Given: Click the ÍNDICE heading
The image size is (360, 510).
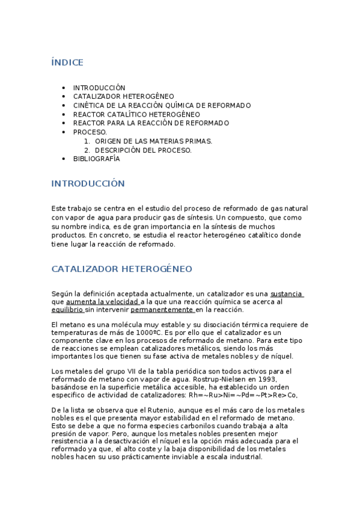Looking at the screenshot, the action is click(67, 63).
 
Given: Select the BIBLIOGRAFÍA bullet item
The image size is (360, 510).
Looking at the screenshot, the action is click(96, 159).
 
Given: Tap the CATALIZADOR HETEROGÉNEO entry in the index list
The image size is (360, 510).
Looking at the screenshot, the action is click(123, 96).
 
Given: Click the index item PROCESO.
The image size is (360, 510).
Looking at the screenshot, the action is click(90, 132).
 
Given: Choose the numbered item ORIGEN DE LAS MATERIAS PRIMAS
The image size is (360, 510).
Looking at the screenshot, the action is click(153, 141).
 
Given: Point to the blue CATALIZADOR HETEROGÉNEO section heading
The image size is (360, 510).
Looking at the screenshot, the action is click(121, 269).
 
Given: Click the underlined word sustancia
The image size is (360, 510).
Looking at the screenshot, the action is click(286, 293).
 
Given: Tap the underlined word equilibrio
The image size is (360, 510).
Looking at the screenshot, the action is click(68, 310).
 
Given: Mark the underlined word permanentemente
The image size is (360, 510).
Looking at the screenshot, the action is click(162, 310).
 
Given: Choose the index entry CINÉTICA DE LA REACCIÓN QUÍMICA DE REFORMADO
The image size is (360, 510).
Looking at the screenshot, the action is click(162, 105).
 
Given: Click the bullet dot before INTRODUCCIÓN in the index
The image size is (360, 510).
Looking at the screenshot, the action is click(64, 88).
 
